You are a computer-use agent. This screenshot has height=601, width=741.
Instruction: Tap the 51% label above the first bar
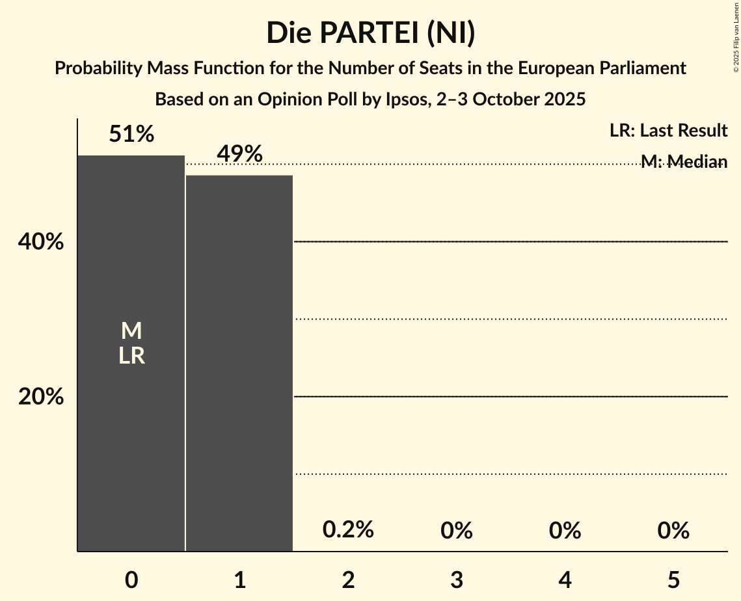pos(131,135)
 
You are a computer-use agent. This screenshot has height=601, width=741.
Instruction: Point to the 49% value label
pos(239,154)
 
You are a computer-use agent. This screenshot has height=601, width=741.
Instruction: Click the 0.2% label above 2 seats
pos(348,530)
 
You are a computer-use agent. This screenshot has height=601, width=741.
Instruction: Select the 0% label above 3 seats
pos(456,531)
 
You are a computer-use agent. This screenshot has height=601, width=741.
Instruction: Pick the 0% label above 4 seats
pos(565,531)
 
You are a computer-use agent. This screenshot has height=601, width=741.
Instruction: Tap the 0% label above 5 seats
pos(673,531)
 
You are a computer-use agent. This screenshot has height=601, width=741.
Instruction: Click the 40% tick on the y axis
pos(41,243)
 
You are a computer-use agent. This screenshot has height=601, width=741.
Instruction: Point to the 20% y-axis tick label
pos(41,397)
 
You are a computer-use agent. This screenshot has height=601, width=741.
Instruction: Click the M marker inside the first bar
pos(131,331)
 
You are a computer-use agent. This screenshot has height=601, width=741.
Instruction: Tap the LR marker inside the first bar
pos(131,356)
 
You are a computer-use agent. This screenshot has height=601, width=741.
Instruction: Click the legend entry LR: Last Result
pos(668,131)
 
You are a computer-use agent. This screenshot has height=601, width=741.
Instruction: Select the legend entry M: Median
pos(684,161)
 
